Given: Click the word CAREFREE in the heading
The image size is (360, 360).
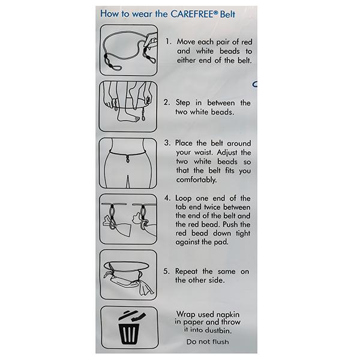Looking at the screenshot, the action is click(193, 14).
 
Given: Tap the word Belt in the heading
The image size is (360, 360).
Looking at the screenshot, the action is click(227, 14).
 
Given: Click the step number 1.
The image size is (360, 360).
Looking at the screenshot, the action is click(168, 41).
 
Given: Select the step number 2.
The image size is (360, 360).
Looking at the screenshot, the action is click(167, 102).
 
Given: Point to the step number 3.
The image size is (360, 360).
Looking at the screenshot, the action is click(167, 143).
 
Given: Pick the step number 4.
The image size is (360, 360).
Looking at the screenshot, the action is click(167, 198).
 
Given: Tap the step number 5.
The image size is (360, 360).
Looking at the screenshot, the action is click(166, 271).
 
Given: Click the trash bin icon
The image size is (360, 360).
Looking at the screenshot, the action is click(130, 328).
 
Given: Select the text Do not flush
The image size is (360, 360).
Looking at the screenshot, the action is click(208, 341).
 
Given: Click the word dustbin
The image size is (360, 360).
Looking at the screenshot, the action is click(218, 331).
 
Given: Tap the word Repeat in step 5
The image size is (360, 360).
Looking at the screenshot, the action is click(186, 271).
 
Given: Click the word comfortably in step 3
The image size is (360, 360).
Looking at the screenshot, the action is click(196, 179).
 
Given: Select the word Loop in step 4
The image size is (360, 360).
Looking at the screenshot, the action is click(183, 199).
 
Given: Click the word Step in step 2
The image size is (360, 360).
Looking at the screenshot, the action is click(183, 103).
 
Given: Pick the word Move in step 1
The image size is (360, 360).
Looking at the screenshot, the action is click(186, 41).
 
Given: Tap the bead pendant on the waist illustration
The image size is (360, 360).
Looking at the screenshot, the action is click(128, 159).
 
